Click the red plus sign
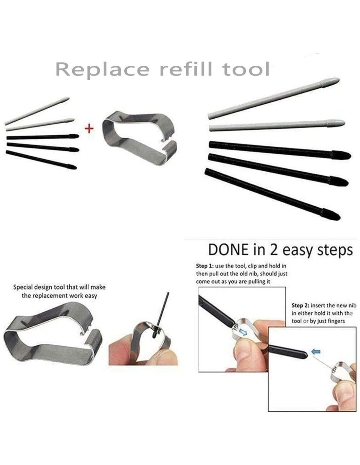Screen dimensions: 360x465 [89, 129]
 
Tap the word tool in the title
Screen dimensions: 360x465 [245, 69]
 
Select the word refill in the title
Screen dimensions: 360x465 [186, 69]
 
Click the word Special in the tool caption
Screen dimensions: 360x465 [23, 287]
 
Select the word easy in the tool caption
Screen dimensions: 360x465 [91, 296]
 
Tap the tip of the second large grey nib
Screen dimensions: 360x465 [345, 123]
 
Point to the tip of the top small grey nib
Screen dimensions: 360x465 [69, 98]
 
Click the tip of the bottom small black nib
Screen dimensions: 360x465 [76, 168]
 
